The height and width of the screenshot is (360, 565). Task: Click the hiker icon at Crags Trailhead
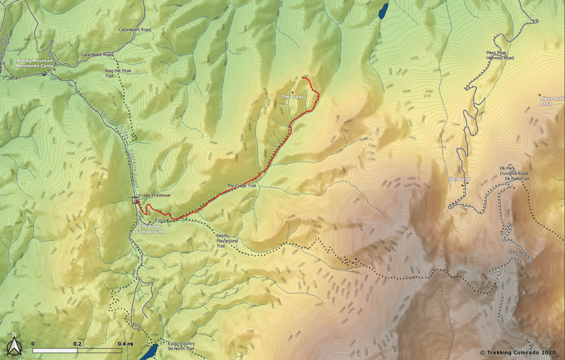135,200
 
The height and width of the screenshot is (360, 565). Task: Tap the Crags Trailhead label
154,195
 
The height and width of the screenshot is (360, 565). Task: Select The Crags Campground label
150,229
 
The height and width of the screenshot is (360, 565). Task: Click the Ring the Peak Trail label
118,73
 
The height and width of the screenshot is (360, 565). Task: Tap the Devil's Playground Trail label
227,241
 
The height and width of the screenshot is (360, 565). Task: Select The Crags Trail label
241,186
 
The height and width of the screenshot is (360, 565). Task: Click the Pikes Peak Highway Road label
500,55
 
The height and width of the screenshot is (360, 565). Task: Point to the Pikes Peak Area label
552,101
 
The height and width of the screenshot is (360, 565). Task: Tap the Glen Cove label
459,179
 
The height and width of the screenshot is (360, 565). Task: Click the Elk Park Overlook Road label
514,171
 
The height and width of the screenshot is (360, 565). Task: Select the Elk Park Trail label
516,179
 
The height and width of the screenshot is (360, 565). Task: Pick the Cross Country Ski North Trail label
181,346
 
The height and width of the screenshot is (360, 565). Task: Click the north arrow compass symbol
14,345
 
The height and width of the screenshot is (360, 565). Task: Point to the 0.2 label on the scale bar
77,344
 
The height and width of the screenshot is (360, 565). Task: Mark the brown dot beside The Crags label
292,92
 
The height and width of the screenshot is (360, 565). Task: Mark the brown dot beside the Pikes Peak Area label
539,95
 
